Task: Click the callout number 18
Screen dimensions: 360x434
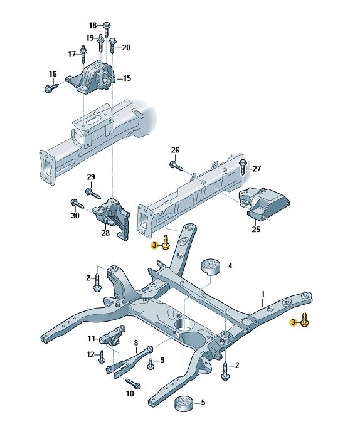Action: pos(93,25)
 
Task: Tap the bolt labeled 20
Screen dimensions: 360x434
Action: pos(112,46)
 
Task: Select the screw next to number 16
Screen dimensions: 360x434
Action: pos(52,88)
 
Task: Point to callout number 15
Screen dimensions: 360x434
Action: pos(127,78)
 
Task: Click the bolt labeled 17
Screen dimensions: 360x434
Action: pos(83,55)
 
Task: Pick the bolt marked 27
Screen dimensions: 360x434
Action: pos(242,167)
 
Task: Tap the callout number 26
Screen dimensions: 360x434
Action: pos(175,150)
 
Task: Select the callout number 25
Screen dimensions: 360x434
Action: pos(256,229)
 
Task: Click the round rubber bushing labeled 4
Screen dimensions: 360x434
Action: pos(209,267)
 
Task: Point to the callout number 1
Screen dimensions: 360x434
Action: pos(263,294)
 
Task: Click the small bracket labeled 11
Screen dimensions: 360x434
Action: pos(112,336)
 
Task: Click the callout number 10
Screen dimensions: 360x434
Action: pos(130,393)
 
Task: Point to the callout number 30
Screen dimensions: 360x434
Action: pos(75,215)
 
